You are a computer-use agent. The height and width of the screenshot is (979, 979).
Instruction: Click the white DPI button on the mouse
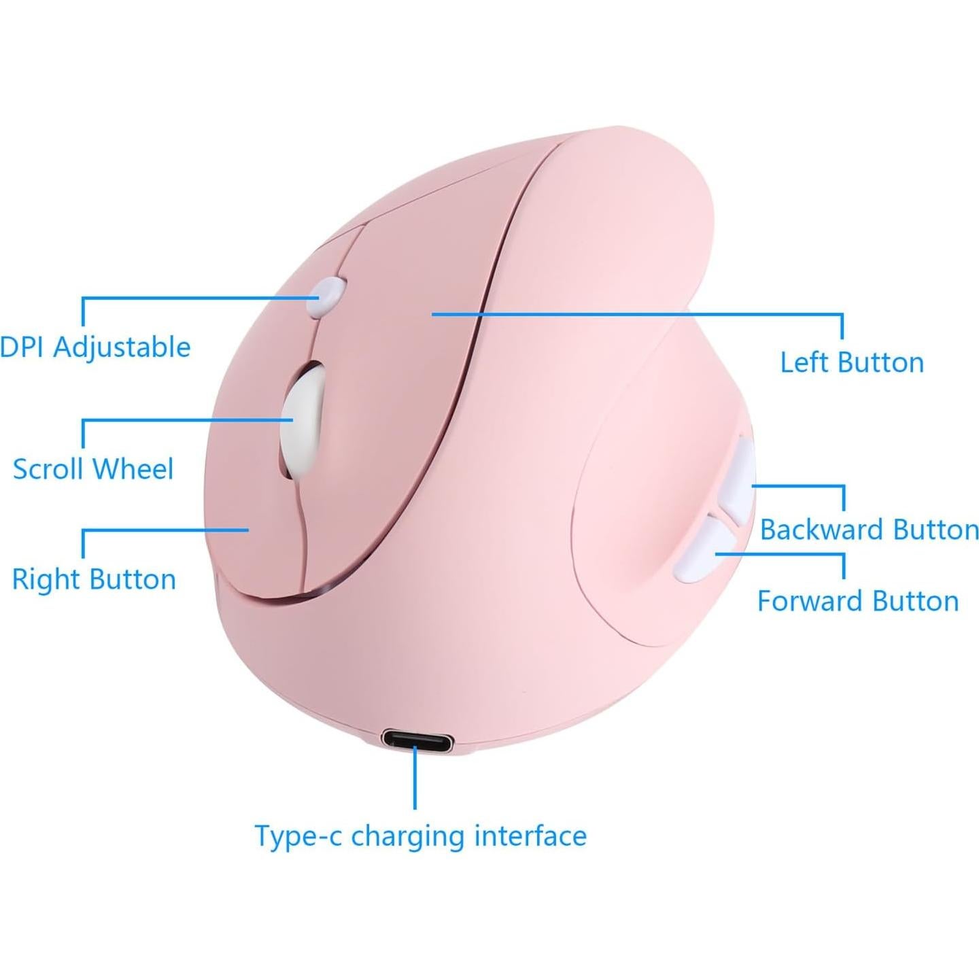point(326,296)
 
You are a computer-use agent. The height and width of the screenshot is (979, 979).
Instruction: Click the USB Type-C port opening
point(416,738)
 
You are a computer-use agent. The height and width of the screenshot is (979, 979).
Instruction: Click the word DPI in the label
point(22,347)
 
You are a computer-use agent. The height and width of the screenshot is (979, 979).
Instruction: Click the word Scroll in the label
point(48,469)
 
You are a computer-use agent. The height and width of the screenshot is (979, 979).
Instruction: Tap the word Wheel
point(133,469)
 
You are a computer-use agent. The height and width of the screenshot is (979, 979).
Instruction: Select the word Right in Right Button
point(46,580)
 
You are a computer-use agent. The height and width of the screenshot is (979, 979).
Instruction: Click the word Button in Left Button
point(882,362)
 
